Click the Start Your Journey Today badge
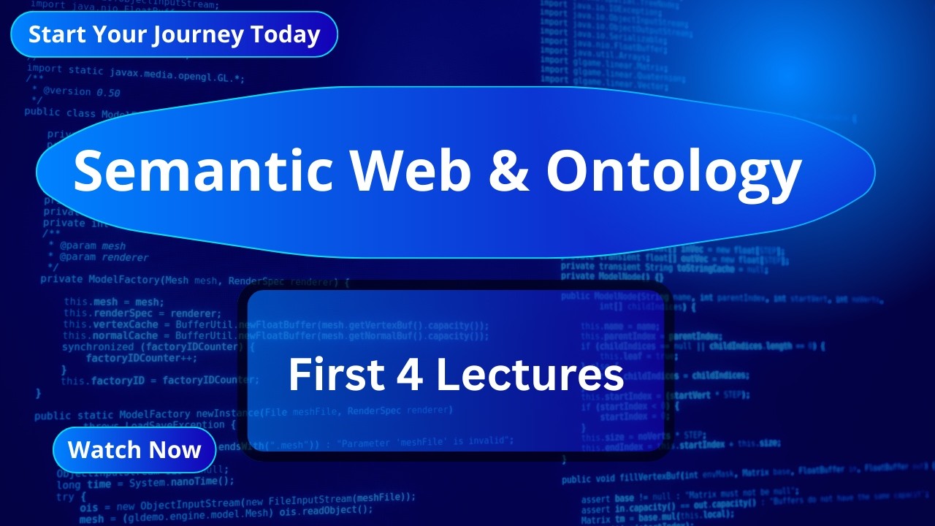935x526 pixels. (x=174, y=34)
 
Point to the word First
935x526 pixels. (x=335, y=375)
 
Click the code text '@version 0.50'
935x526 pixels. (x=81, y=93)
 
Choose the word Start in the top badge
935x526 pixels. (x=53, y=34)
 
